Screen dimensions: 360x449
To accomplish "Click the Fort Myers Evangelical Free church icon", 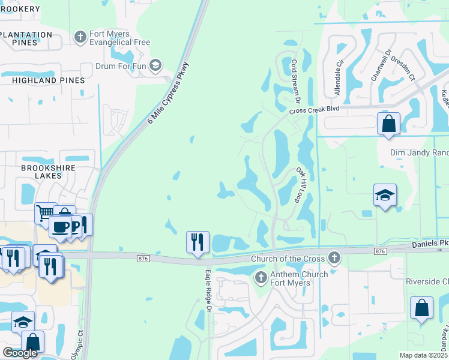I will coord(80,37).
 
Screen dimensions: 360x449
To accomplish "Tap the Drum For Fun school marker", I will coord(155,65).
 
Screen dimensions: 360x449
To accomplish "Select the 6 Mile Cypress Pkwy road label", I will coord(169,92).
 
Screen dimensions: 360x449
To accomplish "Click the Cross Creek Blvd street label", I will coord(314,110).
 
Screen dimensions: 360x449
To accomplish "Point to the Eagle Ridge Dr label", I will coord(208,290).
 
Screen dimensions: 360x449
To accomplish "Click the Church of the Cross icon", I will coord(334,259).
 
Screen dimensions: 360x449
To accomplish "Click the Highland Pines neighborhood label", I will coord(48,80).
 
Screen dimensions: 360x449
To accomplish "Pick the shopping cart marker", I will coord(45,212).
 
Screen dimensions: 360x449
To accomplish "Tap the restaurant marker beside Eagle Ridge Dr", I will coord(197,242).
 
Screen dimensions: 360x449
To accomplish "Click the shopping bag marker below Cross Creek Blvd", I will coord(388,123).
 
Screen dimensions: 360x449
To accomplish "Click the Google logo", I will coord(20,353).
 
